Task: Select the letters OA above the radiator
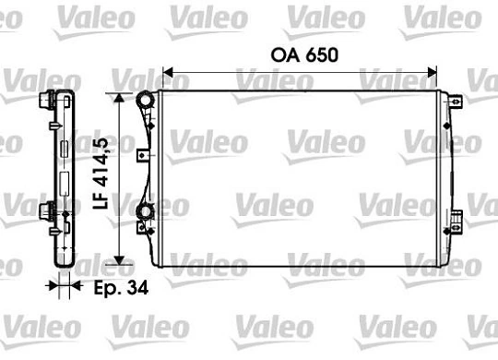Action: (285, 54)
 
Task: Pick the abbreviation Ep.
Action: (107, 288)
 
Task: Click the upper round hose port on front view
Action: (145, 100)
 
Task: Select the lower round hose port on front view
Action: (145, 215)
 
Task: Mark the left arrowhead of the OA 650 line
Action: (168, 70)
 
